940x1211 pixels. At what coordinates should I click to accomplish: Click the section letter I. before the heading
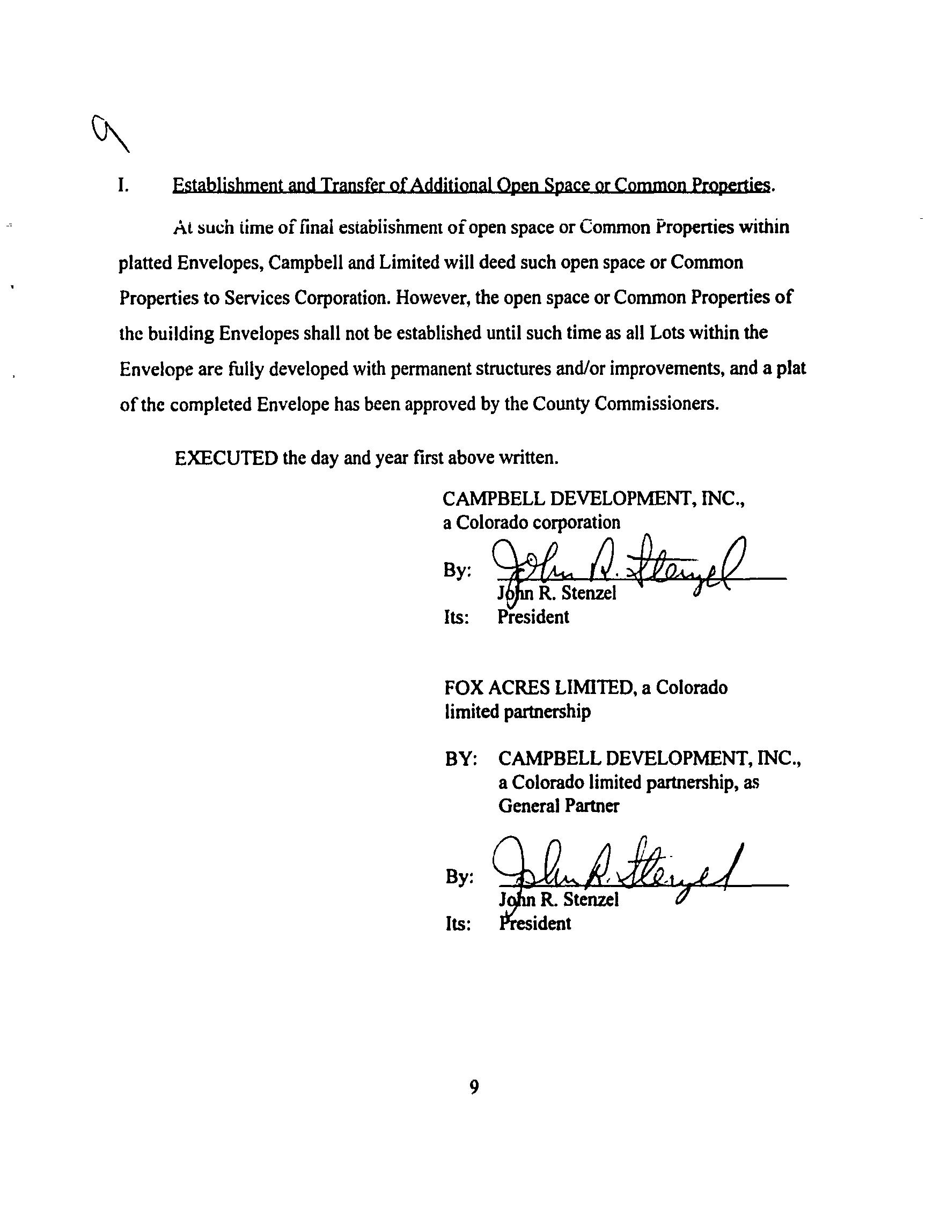click(x=123, y=185)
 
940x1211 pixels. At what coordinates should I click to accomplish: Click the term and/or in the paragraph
click(x=586, y=369)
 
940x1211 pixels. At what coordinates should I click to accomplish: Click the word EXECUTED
click(x=226, y=458)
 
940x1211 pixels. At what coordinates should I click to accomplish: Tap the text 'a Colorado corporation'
click(x=531, y=522)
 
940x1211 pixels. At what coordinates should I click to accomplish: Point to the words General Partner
click(x=559, y=806)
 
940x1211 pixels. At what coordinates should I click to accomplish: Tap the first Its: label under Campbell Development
click(x=456, y=617)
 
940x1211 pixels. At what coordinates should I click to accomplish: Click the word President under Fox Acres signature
click(x=534, y=924)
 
